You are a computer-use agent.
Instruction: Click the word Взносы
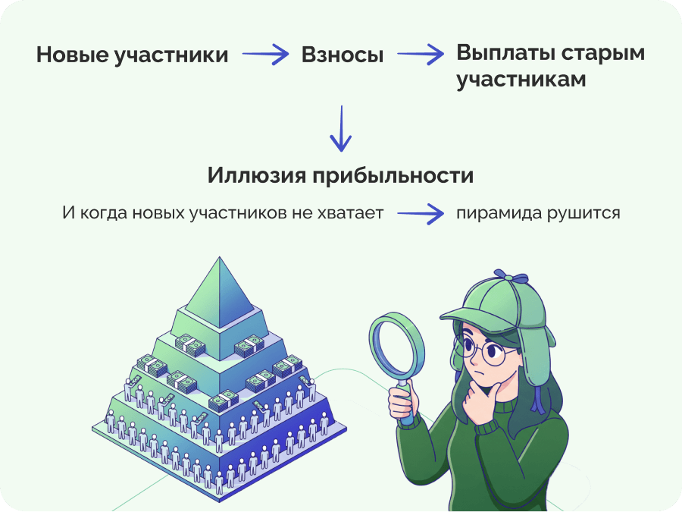(x=343, y=55)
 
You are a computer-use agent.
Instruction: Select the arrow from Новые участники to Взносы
(x=265, y=55)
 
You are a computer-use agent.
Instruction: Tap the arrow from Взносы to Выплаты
(x=421, y=55)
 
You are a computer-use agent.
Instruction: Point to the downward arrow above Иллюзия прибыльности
(x=341, y=128)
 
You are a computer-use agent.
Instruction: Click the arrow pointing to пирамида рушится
(x=421, y=213)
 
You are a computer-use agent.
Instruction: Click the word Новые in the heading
(x=73, y=55)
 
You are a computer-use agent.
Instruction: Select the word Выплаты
(x=505, y=53)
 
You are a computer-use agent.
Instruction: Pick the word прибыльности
(x=393, y=176)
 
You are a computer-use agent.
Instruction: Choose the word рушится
(x=583, y=214)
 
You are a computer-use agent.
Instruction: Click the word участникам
(x=521, y=80)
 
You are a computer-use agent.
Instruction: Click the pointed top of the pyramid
(x=220, y=258)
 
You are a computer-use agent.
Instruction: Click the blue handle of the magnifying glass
(x=406, y=404)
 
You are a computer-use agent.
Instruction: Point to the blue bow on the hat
(x=511, y=276)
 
